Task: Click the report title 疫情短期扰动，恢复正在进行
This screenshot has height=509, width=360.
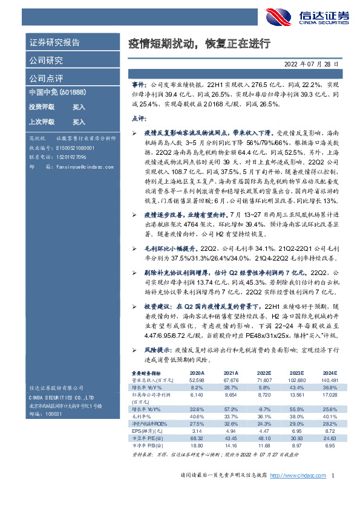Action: coord(199,44)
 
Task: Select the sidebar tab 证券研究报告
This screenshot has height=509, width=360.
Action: coord(54,43)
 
